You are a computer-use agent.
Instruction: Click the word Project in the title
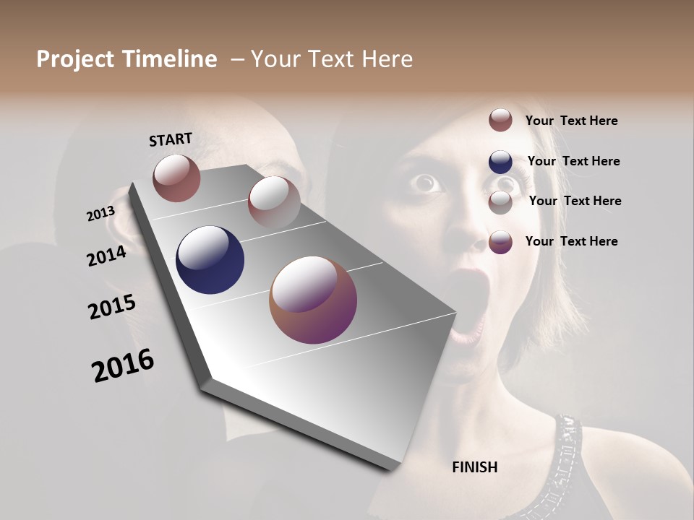tap(75, 59)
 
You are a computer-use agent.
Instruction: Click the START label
tap(171, 139)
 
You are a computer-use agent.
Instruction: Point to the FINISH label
tap(475, 467)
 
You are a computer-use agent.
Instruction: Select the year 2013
tap(100, 214)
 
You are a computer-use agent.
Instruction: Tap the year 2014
tap(107, 256)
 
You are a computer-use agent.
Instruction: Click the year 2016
tap(123, 366)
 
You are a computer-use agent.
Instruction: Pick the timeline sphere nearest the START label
tap(176, 178)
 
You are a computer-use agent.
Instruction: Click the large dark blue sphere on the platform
tap(210, 260)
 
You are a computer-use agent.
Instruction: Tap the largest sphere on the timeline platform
tap(313, 300)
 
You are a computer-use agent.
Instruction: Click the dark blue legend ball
tap(500, 162)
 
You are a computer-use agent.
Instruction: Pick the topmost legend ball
tap(500, 120)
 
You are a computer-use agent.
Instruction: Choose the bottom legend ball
tap(500, 242)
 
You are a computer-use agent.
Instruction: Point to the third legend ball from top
tap(500, 202)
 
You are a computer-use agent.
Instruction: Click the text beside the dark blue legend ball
tap(573, 161)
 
